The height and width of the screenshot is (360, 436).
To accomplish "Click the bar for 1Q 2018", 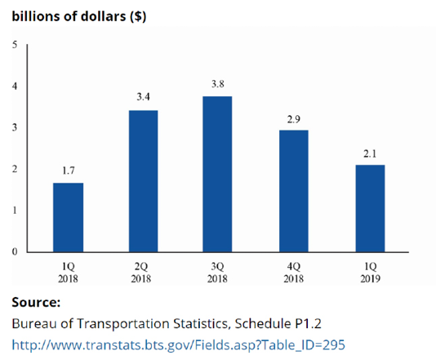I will pos(68,217).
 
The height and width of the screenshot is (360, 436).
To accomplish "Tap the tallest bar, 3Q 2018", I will pos(217,174).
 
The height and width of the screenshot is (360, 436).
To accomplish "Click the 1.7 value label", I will pos(68,171).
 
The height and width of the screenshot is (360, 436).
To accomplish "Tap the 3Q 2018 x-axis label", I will pos(217,272).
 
